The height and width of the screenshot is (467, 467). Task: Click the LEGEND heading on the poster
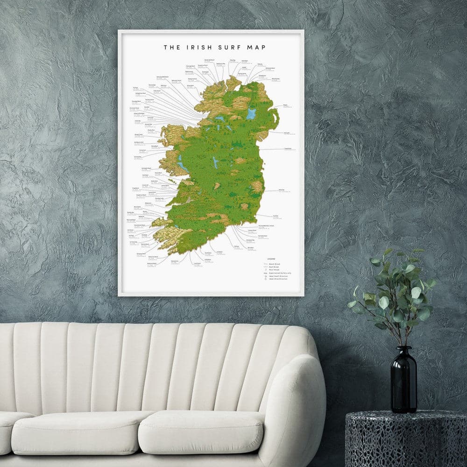(271, 258)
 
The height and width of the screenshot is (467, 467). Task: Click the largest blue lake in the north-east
(252, 113)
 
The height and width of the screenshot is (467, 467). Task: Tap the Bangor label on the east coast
(285, 106)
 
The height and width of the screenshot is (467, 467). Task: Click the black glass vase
(403, 383)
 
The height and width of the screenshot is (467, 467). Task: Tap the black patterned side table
(406, 439)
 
